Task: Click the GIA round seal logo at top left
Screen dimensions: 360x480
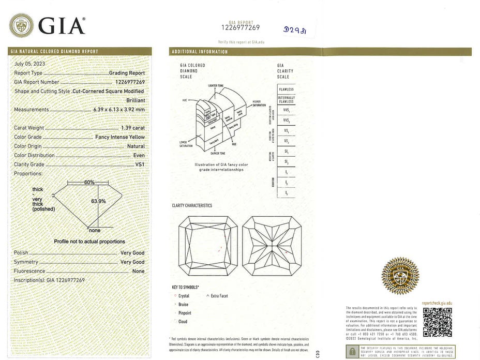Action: (x=21, y=25)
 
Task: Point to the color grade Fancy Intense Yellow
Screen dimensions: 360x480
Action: (x=120, y=137)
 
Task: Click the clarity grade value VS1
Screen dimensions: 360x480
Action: (x=140, y=164)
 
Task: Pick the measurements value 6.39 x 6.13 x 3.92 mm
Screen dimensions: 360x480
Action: (x=118, y=110)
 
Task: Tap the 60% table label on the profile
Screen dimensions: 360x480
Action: (x=89, y=183)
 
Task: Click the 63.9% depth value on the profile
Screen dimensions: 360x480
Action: (x=98, y=201)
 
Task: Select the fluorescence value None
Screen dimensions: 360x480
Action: (x=138, y=271)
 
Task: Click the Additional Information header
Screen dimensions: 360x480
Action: (x=200, y=52)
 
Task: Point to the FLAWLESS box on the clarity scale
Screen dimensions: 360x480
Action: (x=286, y=89)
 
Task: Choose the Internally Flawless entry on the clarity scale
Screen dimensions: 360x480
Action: (x=286, y=99)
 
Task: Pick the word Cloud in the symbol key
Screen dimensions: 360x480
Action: (x=183, y=321)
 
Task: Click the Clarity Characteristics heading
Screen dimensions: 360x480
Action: (x=192, y=206)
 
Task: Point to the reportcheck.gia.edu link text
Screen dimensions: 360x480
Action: (x=437, y=303)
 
